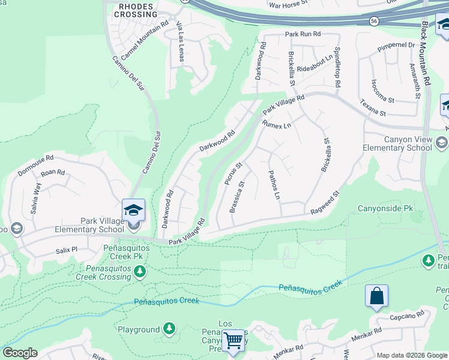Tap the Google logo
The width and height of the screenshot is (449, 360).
tap(20, 353)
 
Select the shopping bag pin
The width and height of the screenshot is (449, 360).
tap(376, 296)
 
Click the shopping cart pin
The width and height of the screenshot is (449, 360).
tap(233, 342)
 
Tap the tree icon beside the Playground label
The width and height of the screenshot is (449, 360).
tap(170, 328)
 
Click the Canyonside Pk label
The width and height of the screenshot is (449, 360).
tap(386, 209)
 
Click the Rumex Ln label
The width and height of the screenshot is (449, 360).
tap(276, 125)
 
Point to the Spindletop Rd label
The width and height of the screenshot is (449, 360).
tap(338, 67)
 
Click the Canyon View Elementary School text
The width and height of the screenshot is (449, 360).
tap(399, 143)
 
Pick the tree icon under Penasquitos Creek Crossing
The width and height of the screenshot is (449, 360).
tap(139, 271)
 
